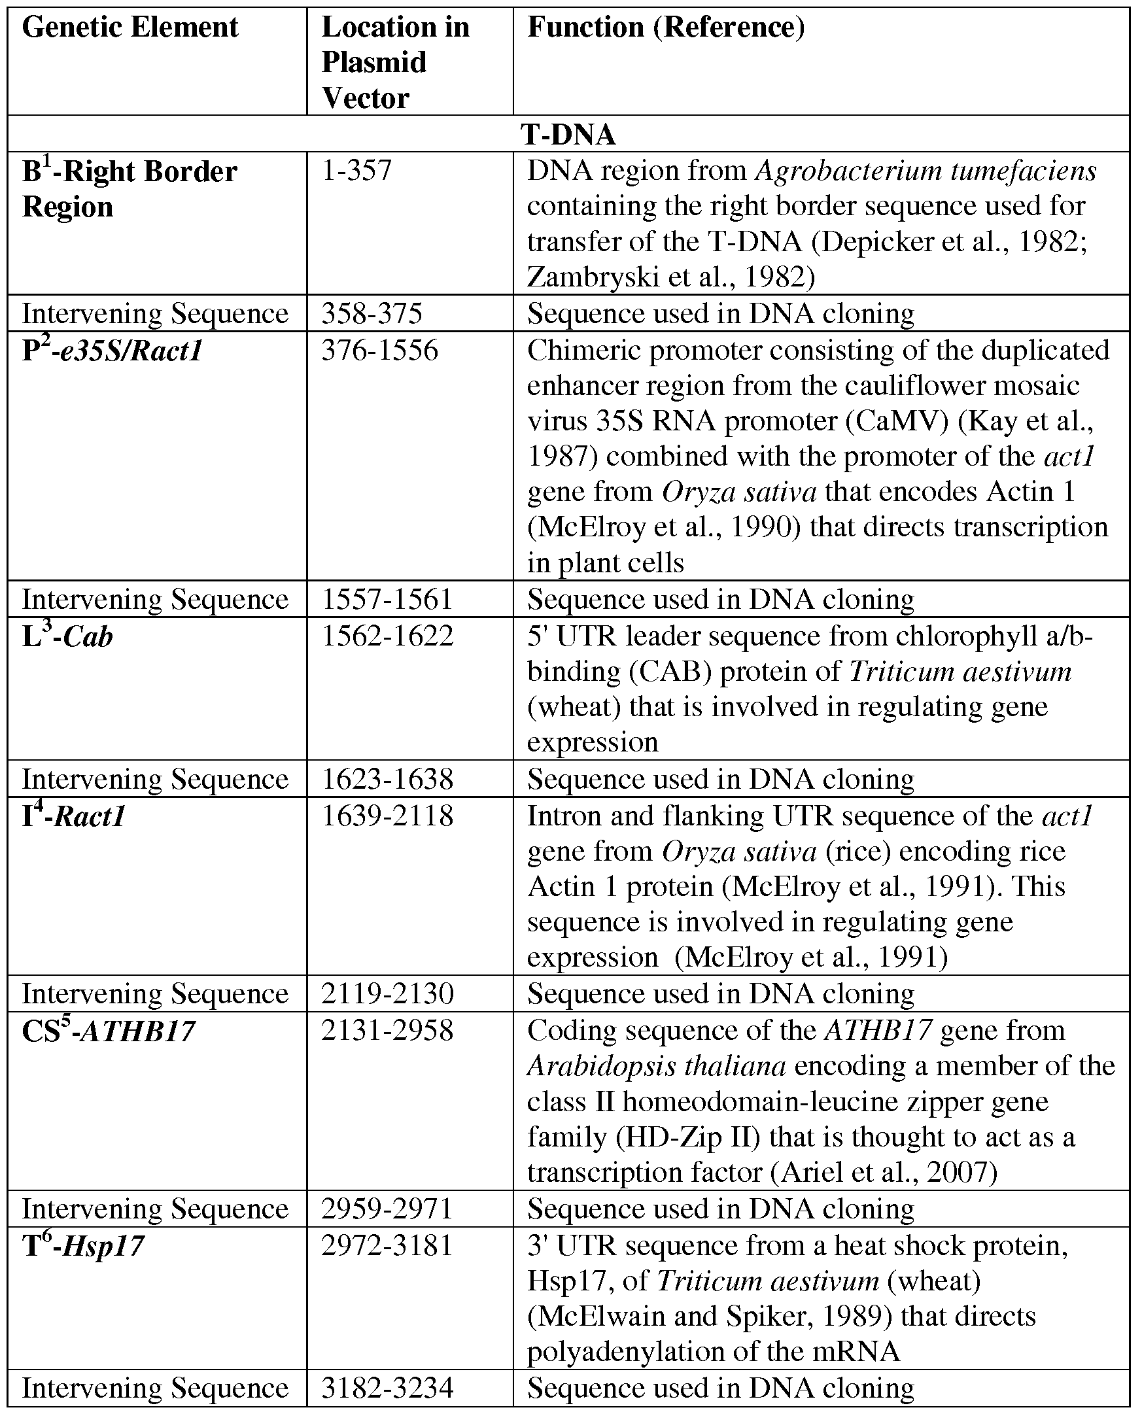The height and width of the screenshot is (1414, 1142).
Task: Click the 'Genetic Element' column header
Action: (130, 28)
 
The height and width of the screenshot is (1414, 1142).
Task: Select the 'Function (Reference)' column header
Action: (666, 28)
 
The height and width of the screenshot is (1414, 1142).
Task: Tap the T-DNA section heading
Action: (568, 135)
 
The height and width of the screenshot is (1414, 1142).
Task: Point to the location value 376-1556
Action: (379, 351)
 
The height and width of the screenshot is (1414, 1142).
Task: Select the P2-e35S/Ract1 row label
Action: (112, 351)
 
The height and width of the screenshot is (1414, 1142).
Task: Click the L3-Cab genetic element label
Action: (67, 636)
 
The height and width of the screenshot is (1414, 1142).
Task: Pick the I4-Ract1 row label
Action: (74, 817)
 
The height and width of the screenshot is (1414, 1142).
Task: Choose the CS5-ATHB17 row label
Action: (109, 1031)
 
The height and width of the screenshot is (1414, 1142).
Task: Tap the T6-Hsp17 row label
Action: (83, 1246)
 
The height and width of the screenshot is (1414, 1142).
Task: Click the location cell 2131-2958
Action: (387, 1031)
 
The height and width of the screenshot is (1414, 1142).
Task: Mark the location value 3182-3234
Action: (387, 1388)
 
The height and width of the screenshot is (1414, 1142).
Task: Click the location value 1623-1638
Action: (387, 780)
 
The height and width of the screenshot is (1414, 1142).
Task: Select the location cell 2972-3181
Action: (387, 1246)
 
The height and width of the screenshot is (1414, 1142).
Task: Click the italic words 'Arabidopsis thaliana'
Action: (656, 1066)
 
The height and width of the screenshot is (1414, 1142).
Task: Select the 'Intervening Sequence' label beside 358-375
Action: (155, 314)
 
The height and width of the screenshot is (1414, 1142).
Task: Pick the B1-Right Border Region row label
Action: (129, 190)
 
